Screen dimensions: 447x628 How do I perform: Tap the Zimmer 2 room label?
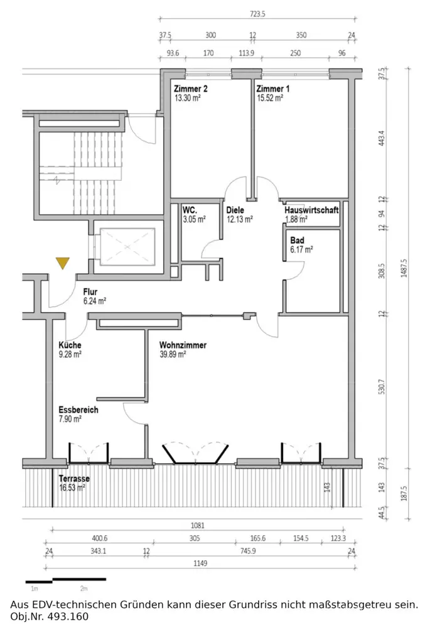click(x=191, y=89)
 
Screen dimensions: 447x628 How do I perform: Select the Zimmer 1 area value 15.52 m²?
click(x=270, y=99)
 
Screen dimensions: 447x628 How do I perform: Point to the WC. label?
click(x=190, y=210)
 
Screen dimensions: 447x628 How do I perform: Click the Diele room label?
click(x=235, y=210)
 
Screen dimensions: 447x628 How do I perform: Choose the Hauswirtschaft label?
click(x=311, y=210)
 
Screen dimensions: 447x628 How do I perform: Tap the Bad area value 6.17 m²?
click(x=301, y=249)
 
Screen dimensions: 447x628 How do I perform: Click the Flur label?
click(x=90, y=292)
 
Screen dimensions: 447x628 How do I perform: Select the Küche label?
click(x=70, y=345)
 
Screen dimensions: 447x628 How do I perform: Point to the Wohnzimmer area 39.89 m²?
click(x=173, y=354)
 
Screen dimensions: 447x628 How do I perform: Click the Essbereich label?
click(x=78, y=409)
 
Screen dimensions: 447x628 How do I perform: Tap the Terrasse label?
click(x=74, y=479)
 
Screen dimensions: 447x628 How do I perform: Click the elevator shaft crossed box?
click(x=127, y=247)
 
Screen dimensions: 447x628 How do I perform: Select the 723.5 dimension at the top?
click(x=257, y=14)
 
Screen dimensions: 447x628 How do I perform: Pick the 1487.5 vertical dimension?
click(x=404, y=268)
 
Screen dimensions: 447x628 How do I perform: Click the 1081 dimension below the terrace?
click(x=198, y=526)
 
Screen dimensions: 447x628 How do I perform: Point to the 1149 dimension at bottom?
click(x=200, y=563)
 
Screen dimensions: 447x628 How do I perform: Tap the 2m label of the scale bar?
click(x=83, y=589)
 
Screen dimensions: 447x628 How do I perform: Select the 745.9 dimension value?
click(x=248, y=551)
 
